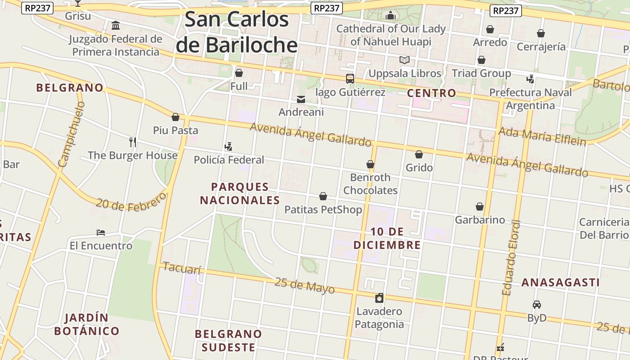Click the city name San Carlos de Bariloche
coord(237,32)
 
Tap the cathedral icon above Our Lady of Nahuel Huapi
coord(391,16)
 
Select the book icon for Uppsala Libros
coord(405,60)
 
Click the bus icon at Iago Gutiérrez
coord(350,79)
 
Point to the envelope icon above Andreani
coord(301,99)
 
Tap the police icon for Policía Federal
coord(229,146)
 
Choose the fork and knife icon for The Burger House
coord(132,142)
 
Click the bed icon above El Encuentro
coord(101,233)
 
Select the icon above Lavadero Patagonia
coord(379,298)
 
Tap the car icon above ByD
coord(536,305)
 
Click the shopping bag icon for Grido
coord(419,154)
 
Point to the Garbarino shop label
coord(480,220)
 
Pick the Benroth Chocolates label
coord(370,184)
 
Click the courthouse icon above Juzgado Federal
coord(116,25)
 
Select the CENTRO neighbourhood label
coord(432,93)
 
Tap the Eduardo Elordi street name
coord(512,257)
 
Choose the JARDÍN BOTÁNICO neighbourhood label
coord(86,324)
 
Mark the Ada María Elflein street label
coord(542,136)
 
